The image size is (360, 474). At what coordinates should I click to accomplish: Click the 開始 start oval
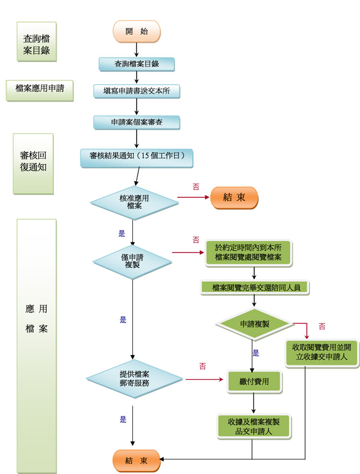pos(136,32)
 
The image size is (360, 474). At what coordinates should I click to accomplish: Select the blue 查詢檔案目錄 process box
pos(136,64)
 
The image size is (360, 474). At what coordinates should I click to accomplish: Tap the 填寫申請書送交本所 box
pos(136,91)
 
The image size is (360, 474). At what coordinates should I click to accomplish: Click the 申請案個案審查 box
pos(136,123)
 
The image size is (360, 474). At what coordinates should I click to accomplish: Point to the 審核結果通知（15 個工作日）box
pos(136,158)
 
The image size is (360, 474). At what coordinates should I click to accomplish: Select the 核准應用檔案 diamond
pos(134,202)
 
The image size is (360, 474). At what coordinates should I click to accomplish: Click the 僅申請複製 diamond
pos(132,262)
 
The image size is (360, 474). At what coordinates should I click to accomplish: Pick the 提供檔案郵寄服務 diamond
pos(134,379)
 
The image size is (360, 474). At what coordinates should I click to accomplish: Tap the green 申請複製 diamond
pos(255,324)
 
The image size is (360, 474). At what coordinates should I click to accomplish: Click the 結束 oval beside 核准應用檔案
pos(234,198)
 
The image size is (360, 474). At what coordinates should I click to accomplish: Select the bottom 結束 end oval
pos(136,461)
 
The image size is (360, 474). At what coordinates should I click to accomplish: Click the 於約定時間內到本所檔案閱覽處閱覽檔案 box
pos(248,253)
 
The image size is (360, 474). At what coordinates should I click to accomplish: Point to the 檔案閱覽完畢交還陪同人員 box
pos(255,288)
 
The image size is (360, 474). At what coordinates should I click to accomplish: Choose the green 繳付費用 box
pos(254,382)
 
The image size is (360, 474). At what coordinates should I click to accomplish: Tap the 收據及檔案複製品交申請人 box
pos(254,426)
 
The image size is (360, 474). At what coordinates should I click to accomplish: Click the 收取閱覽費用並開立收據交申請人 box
pos(321,352)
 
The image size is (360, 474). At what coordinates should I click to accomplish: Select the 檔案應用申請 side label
pos(39,90)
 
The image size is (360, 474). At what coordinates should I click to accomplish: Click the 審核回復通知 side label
pos(33,164)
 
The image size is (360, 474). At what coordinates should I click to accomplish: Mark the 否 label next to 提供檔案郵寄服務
pos(203,366)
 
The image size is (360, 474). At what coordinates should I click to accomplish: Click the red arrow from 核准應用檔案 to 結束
pos(193,197)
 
